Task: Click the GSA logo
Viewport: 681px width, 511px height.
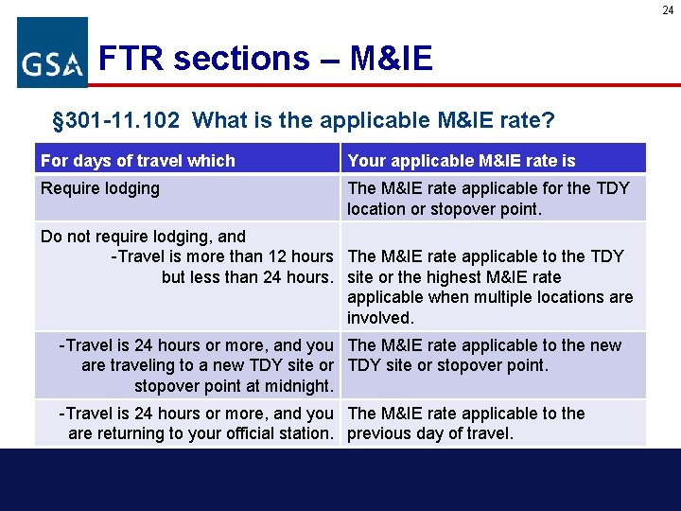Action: pyautogui.click(x=52, y=53)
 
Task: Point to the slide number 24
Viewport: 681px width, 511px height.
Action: pyautogui.click(x=668, y=9)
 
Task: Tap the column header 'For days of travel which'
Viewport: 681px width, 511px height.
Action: pyautogui.click(x=138, y=160)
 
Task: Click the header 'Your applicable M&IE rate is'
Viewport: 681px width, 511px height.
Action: pyautogui.click(x=462, y=160)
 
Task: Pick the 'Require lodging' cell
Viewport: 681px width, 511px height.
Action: pyautogui.click(x=100, y=188)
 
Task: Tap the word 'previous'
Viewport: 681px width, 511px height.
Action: pyautogui.click(x=382, y=434)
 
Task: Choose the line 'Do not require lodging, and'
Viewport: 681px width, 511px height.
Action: pyautogui.click(x=143, y=237)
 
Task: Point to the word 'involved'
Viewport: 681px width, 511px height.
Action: pyautogui.click(x=380, y=318)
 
